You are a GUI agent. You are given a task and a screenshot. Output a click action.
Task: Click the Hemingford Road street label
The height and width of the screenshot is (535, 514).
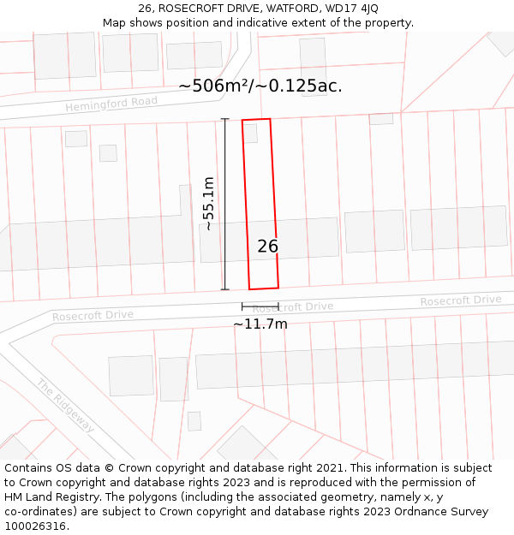(111, 104)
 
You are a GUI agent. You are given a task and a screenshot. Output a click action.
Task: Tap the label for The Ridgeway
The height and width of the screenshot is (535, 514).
(65, 405)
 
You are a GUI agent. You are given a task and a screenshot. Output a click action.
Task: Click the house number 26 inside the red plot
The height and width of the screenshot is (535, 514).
(267, 247)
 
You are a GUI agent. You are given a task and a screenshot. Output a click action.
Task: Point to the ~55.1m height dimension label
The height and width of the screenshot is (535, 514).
(208, 203)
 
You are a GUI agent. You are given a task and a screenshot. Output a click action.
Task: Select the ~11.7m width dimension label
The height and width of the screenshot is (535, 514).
(260, 324)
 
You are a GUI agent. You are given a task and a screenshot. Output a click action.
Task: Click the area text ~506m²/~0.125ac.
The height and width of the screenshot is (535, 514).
(260, 86)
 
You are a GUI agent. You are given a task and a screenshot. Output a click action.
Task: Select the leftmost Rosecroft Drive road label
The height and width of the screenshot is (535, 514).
(93, 315)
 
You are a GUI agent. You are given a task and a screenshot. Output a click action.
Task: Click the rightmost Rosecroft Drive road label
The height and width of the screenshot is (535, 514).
(460, 300)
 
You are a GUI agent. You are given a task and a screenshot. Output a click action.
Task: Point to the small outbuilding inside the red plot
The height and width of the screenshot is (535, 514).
(250, 133)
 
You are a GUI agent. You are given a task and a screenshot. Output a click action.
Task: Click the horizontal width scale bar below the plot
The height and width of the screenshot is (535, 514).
(260, 306)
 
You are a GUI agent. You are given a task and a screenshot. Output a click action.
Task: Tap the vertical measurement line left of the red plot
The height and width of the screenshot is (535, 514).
(225, 204)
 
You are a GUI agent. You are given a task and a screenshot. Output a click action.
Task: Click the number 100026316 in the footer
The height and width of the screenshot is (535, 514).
(35, 526)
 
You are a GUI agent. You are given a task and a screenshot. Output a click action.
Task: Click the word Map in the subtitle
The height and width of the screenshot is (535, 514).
(115, 23)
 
